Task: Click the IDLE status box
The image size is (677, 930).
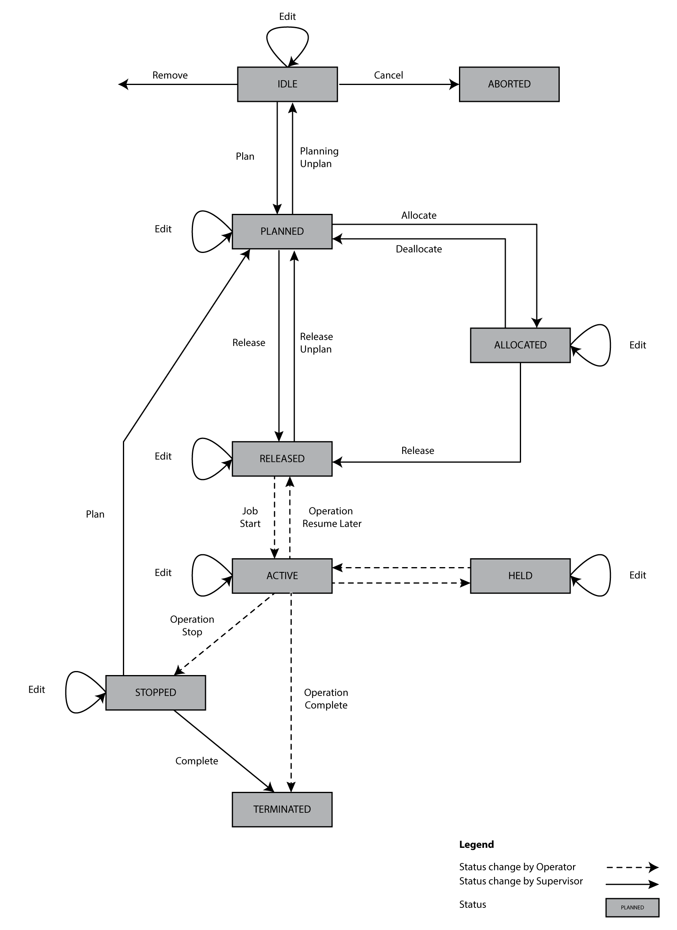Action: click(287, 84)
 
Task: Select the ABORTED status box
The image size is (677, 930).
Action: click(509, 84)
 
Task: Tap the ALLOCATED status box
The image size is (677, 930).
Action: click(520, 345)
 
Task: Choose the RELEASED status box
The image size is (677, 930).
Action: click(282, 458)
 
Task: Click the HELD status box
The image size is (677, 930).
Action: click(520, 575)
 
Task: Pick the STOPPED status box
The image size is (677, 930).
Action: click(156, 692)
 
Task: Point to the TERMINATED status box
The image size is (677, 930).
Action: click(282, 809)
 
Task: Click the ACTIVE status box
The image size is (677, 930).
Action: click(282, 575)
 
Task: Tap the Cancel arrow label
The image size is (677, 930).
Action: click(388, 75)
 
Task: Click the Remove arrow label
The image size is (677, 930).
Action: click(170, 75)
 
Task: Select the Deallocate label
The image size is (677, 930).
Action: click(419, 249)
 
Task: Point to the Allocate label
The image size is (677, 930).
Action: click(419, 215)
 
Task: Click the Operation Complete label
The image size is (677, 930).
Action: click(326, 699)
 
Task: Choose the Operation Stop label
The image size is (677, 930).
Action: click(192, 626)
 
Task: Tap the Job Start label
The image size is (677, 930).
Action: click(250, 517)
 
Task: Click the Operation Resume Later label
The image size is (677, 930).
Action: click(332, 517)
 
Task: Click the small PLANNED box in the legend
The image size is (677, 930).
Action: click(632, 907)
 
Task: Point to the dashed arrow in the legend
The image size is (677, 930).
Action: click(632, 867)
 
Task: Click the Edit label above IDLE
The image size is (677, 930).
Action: click(287, 17)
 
